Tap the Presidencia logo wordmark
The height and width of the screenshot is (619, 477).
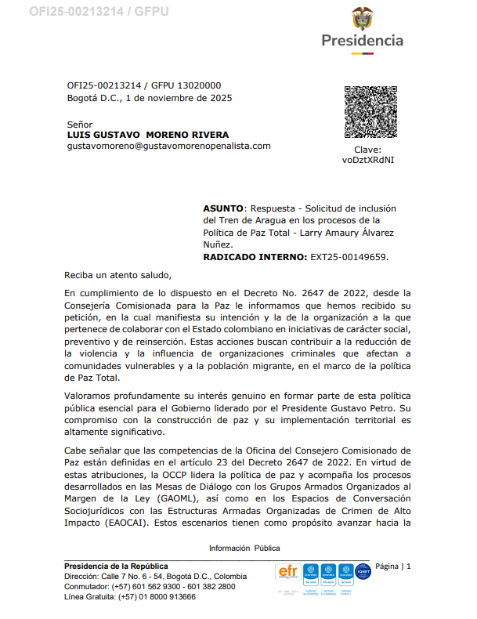click(x=363, y=40)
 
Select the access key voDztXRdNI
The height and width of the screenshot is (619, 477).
click(x=368, y=160)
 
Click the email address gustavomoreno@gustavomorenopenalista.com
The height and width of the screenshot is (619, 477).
click(x=168, y=146)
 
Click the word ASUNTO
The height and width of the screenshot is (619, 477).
click(x=223, y=208)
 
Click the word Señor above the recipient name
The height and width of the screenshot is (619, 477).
click(x=80, y=125)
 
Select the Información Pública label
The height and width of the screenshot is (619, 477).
click(x=244, y=548)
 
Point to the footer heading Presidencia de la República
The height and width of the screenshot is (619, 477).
click(x=116, y=566)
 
